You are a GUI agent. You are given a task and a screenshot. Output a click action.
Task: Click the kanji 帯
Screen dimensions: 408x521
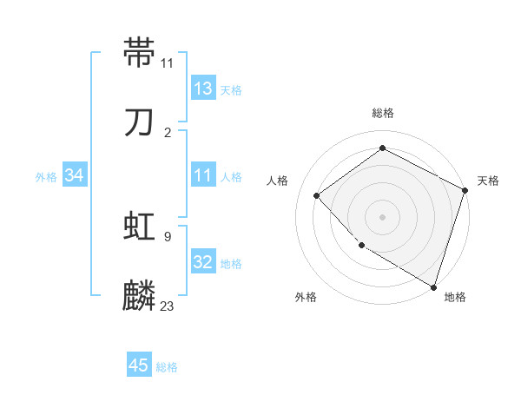coord(140,53)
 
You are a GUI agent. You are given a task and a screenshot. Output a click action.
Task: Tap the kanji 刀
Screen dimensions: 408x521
coord(140,122)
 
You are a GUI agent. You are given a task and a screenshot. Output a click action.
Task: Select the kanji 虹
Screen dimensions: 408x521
coord(140,227)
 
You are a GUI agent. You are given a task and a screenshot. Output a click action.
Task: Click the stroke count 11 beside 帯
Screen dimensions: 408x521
coord(168,63)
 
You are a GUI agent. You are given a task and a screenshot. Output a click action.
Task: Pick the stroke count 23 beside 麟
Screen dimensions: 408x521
coord(168,306)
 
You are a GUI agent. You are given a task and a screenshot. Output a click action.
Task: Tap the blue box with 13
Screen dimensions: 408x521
coord(203,89)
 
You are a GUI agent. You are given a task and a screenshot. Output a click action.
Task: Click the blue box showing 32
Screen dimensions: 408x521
coord(203,262)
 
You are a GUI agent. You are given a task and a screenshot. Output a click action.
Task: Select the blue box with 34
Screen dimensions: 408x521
coord(75,175)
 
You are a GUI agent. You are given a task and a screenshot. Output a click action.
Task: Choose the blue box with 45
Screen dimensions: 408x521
coord(139,365)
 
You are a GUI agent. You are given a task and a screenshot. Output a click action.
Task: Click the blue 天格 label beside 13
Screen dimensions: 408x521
coord(231,90)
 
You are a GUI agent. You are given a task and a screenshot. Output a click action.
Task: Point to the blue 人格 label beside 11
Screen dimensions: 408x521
coord(231,177)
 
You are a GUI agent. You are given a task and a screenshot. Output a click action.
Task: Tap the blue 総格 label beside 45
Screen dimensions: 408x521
coord(167,367)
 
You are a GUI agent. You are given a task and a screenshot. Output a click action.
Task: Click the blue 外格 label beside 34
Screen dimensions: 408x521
coord(46,177)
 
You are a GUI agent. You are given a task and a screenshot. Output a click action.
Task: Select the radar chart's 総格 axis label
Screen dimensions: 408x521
coord(383,113)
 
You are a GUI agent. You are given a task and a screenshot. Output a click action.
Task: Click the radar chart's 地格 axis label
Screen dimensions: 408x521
coord(455,297)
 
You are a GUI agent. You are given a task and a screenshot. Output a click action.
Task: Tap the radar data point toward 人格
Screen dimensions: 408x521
coord(317,195)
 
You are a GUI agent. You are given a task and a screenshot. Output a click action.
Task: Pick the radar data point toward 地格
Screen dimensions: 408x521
coord(433,286)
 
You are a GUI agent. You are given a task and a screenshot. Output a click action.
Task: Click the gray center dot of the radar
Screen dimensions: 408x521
coord(382,216)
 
